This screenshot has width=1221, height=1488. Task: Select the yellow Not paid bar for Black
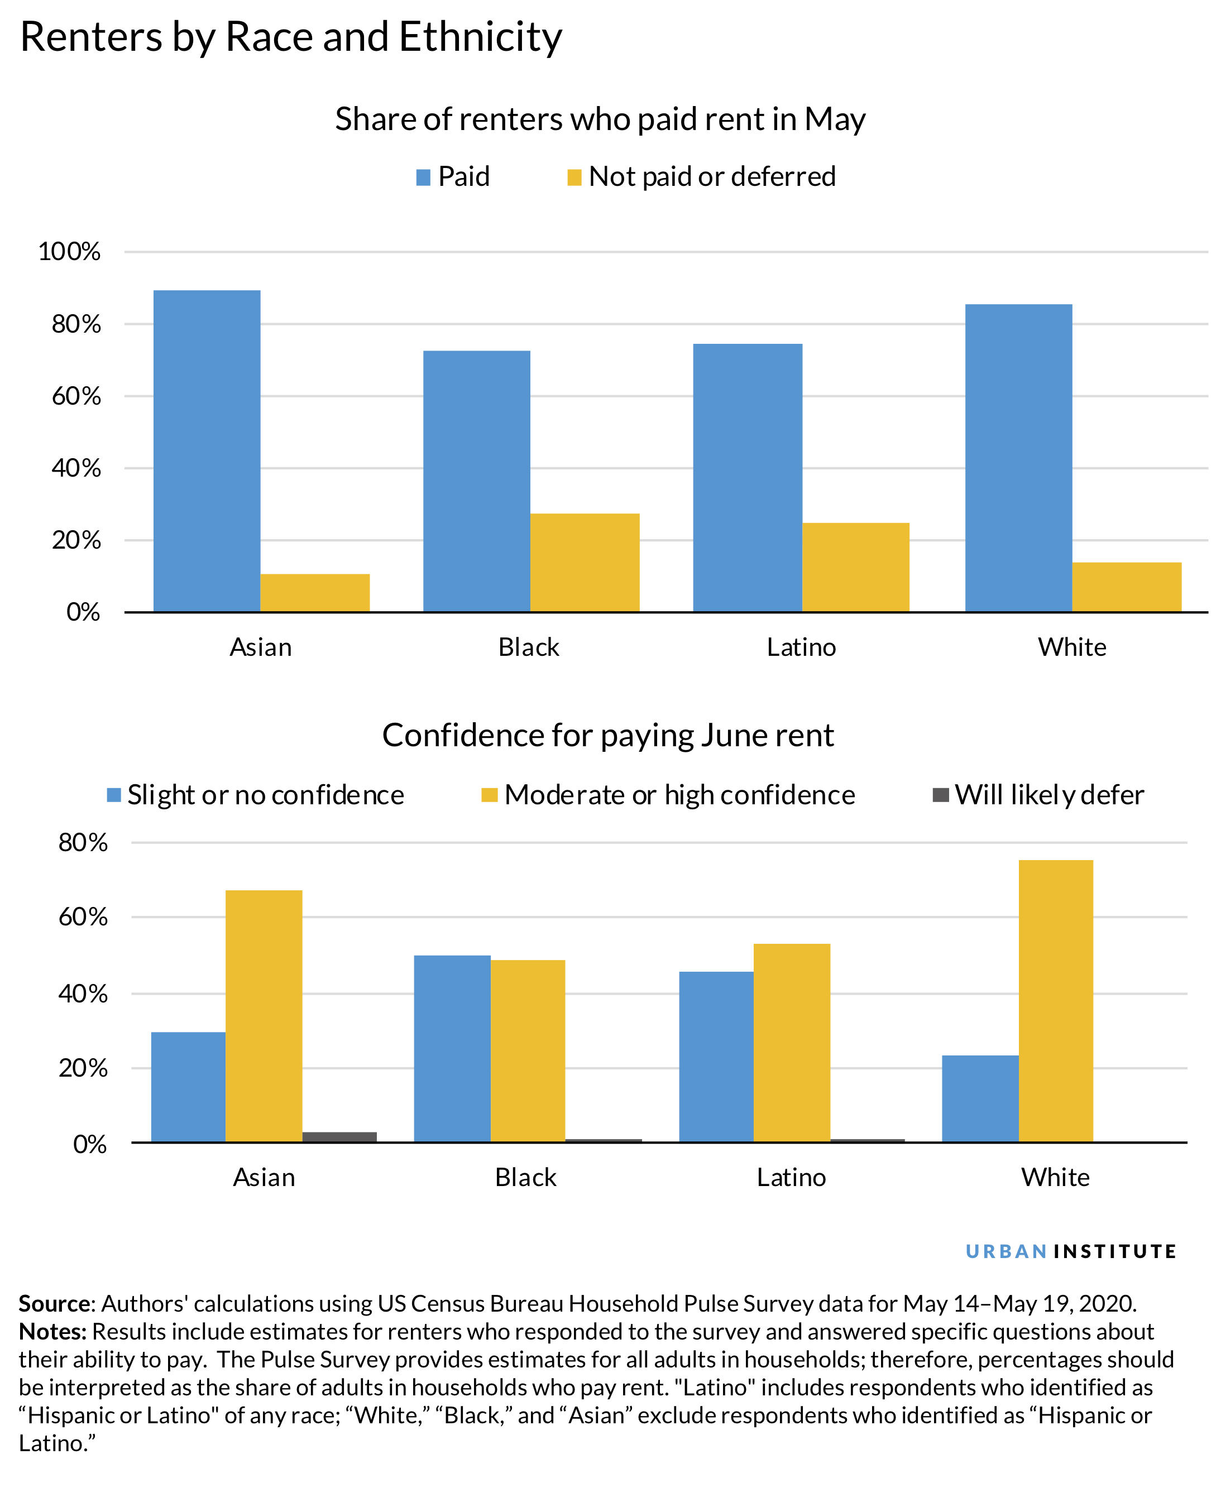(585, 563)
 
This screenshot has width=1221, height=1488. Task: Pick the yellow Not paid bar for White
(1127, 587)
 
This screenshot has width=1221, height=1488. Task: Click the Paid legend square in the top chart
(423, 177)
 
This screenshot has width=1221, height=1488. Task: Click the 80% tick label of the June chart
(83, 842)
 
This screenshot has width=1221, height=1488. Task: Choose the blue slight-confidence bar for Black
(452, 1048)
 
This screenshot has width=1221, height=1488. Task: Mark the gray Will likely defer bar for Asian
(339, 1137)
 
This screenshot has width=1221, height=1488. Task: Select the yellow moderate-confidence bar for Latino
(792, 1042)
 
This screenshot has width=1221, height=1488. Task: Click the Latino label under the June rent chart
(791, 1177)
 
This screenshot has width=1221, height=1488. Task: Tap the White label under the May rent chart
(1072, 647)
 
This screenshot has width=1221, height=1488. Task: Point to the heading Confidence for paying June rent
(607, 736)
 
